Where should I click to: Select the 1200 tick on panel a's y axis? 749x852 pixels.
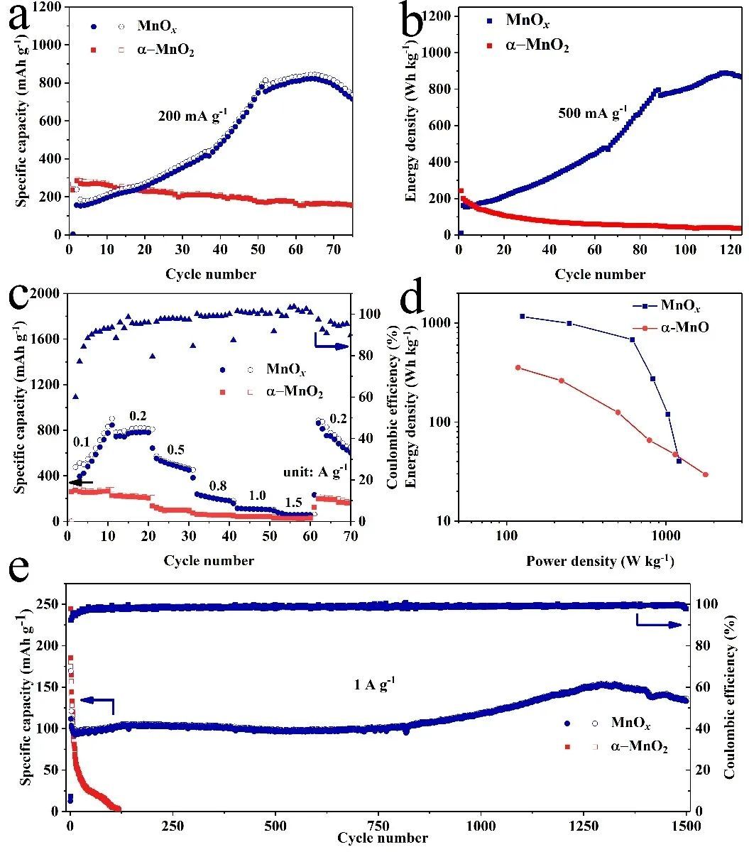[48, 7]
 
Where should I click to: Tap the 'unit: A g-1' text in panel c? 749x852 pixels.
[315, 469]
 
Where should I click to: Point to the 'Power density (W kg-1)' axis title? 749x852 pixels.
[600, 562]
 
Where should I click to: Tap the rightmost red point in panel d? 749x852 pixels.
[705, 474]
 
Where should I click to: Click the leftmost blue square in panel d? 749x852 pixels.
[522, 316]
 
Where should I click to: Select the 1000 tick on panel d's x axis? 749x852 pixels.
[665, 535]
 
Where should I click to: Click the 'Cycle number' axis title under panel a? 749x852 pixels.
[211, 274]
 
